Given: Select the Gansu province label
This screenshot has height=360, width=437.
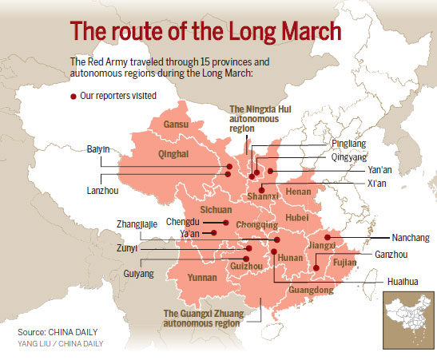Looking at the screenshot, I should [175, 125].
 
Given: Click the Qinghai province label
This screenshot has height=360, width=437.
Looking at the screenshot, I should [173, 155].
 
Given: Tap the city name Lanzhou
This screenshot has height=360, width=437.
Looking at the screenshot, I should [101, 191].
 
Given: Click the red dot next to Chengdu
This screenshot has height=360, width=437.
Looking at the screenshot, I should [227, 224].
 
